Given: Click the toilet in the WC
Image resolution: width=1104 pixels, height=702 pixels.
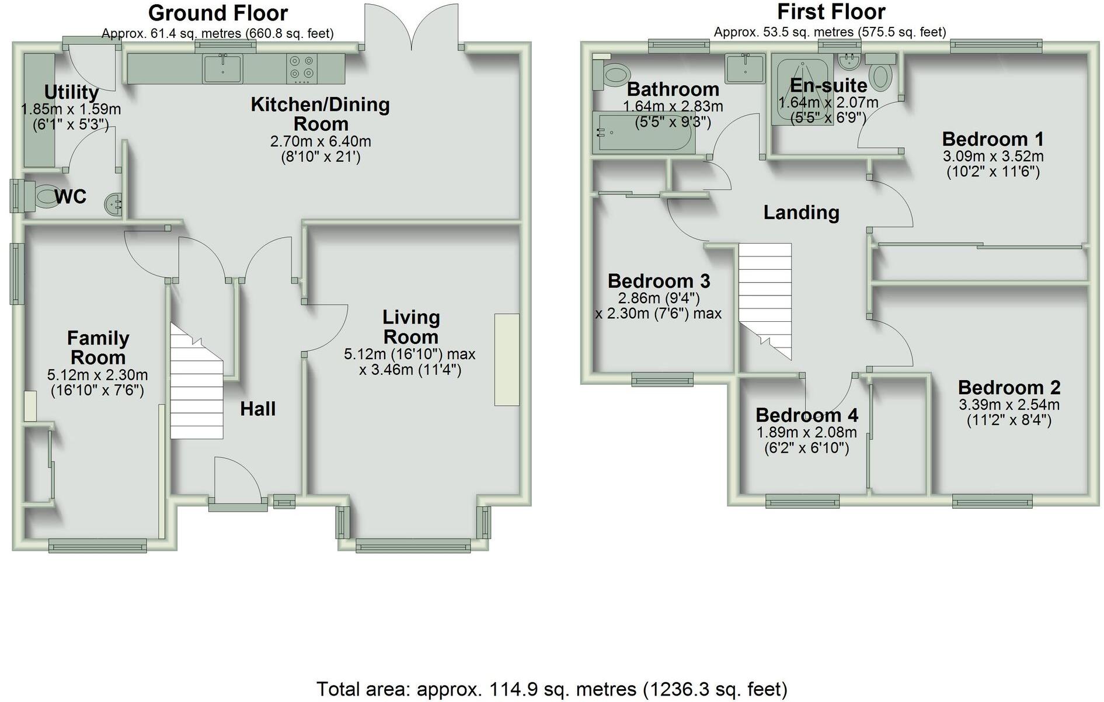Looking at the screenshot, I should tap(42, 197).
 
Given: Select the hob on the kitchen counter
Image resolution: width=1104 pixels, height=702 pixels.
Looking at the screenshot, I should tap(301, 66).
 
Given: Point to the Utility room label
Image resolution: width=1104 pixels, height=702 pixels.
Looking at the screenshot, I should tap(71, 92).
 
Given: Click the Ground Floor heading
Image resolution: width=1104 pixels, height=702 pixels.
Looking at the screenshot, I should tap(218, 13).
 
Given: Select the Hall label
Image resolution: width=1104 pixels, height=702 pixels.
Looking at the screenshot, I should tap(257, 409).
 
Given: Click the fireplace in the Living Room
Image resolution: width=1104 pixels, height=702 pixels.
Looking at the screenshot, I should tap(506, 359).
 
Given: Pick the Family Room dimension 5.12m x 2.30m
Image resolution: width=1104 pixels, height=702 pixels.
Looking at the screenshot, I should tap(97, 375).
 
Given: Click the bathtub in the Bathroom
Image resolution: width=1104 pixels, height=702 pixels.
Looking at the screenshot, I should tap(643, 133).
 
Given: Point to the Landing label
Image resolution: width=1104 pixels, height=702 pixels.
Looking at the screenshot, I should tap(801, 213).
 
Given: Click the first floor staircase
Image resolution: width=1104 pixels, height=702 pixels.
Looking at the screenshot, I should tap(765, 298).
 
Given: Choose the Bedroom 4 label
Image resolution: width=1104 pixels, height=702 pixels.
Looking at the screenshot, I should tap(806, 415).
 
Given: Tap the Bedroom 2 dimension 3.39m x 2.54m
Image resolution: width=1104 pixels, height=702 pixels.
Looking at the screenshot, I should tap(1009, 405).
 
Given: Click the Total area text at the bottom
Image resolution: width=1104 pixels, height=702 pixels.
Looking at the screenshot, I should tap(551, 689).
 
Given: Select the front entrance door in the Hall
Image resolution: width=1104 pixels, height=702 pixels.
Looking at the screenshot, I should tap(236, 482).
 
